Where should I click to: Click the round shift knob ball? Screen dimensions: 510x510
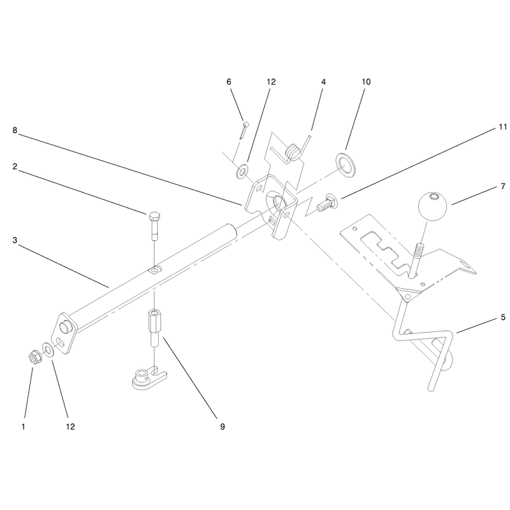432,206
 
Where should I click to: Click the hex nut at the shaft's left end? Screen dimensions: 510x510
34,358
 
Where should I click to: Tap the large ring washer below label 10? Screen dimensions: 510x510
345,164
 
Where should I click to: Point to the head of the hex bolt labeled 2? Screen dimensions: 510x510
154,217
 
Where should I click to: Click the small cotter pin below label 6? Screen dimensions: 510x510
244,130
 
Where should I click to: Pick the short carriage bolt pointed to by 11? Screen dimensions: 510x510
327,205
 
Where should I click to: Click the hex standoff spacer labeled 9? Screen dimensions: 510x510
156,328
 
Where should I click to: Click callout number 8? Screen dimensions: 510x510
15,130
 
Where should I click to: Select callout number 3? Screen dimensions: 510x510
15,240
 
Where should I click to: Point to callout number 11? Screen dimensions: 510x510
502,127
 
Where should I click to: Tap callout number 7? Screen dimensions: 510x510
503,186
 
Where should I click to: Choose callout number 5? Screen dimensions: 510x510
503,317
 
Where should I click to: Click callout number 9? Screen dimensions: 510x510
222,426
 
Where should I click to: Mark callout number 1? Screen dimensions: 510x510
23,426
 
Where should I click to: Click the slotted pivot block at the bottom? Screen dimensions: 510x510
150,378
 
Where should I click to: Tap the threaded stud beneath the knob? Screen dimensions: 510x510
417,259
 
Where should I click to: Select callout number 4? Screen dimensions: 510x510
323,82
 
